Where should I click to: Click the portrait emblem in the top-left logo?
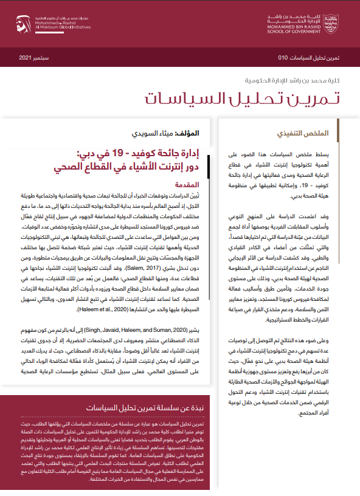coord(20,23)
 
